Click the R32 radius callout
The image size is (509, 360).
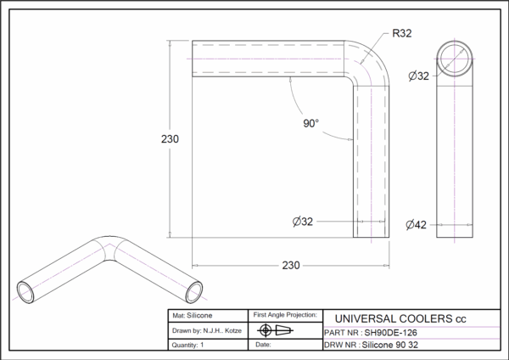(x=402, y=33)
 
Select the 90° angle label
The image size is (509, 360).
(x=311, y=123)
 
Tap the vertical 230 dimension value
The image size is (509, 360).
(x=170, y=139)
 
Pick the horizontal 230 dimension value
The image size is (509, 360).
(x=291, y=266)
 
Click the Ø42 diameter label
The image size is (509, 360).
(x=416, y=224)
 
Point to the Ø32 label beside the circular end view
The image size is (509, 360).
(x=418, y=76)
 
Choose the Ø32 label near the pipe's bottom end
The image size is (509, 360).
(x=303, y=222)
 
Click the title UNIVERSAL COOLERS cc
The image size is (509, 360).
(x=400, y=318)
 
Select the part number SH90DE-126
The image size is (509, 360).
(x=390, y=333)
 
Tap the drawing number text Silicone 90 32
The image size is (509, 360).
(x=390, y=345)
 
